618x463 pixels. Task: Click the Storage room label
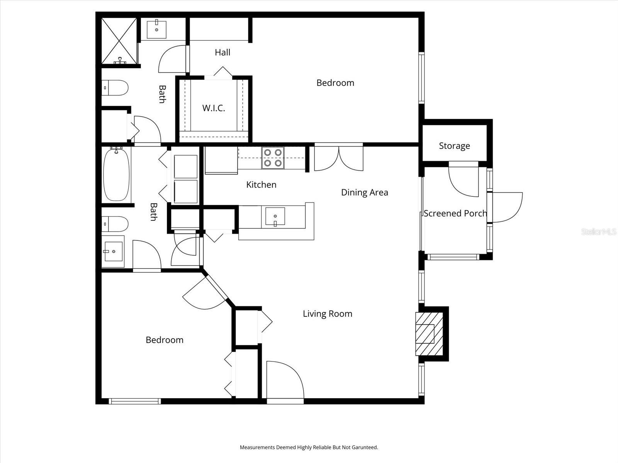454,146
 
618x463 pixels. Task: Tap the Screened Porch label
455,213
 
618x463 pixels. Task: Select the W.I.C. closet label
214,108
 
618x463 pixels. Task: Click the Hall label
222,52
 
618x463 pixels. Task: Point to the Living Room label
328,314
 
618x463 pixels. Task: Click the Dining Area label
364,192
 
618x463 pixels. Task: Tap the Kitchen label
261,185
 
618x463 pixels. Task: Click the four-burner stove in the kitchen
273,158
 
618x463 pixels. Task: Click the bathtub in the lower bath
116,174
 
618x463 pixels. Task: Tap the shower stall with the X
119,41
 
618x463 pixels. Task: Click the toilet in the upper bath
115,88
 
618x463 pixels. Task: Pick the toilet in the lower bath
115,224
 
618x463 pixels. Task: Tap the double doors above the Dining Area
339,157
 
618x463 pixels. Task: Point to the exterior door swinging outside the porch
507,207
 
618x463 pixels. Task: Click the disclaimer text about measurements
309,448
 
